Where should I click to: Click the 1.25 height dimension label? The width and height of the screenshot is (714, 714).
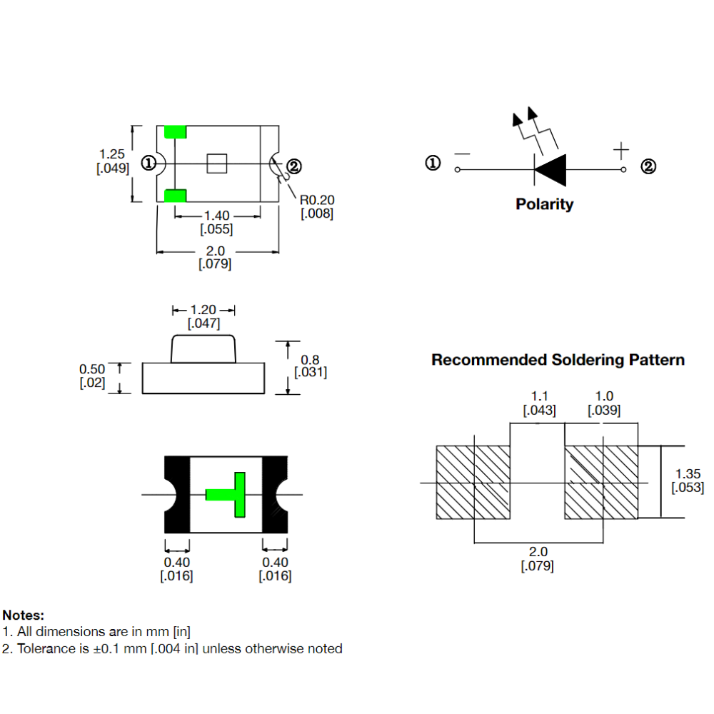112,154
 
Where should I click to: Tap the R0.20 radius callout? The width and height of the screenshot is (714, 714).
317,200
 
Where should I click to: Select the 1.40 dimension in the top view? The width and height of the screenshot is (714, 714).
217,216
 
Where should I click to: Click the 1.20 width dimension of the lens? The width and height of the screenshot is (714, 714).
203,310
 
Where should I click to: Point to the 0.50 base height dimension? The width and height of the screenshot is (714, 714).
92,369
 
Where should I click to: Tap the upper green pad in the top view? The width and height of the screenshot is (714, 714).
175,132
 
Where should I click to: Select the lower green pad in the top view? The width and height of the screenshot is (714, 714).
175,196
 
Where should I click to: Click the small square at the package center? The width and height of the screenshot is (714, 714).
217,164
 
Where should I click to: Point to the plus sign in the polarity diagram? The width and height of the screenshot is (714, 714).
621,151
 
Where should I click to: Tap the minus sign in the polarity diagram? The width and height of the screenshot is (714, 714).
462,154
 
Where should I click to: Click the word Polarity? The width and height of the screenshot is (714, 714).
544,204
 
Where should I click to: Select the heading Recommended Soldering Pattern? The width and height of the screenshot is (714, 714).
558,360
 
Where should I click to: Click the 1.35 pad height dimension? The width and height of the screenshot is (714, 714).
688,473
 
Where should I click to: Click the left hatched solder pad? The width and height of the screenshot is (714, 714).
474,483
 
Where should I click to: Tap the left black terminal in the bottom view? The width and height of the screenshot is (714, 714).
176,494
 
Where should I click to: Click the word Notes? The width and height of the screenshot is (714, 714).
24,615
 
